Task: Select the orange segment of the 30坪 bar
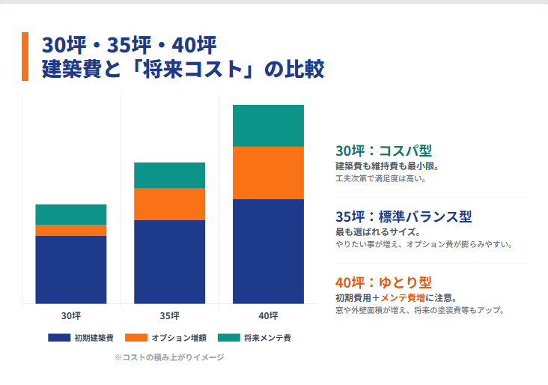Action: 71,230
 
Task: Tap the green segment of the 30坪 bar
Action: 71,214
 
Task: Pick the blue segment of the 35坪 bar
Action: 169,261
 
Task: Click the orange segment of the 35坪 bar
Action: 169,204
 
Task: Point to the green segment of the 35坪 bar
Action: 169,175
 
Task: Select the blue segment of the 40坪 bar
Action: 268,251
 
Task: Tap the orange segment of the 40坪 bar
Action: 268,172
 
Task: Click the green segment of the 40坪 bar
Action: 268,126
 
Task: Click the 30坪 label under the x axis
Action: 71,315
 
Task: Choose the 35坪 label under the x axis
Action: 169,315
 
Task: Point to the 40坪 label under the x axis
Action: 268,315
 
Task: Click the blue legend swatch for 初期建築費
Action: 59,338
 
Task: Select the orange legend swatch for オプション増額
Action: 136,338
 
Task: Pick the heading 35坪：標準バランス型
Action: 404,217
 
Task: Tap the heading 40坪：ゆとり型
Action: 383,283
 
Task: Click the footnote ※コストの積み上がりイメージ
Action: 169,357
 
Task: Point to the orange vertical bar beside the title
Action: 25,56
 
